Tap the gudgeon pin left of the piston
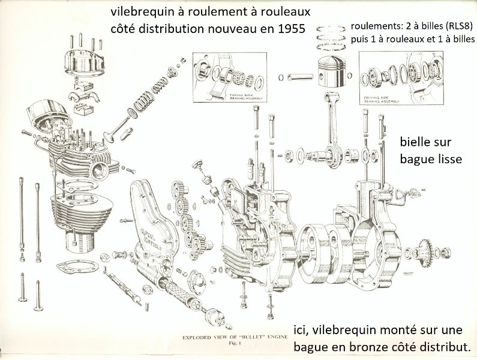coord(297,76)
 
